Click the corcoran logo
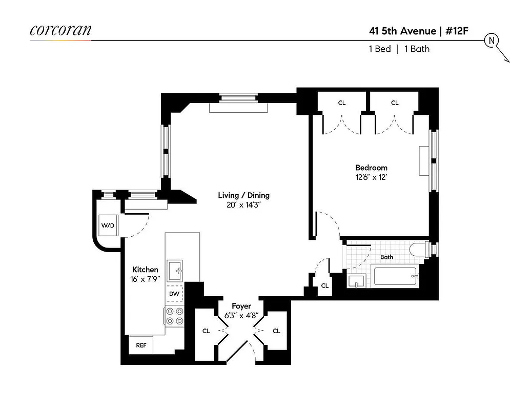60,30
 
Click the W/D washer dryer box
108,225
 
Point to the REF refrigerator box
141,345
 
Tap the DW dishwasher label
174,294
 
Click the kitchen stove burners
175,316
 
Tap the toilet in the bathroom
419,250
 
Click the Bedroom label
371,168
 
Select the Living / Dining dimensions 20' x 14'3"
243,205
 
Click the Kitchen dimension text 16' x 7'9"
145,279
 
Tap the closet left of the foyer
206,331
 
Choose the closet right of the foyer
276,331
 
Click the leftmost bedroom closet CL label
341,103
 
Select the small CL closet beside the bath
324,286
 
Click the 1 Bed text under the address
380,49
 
